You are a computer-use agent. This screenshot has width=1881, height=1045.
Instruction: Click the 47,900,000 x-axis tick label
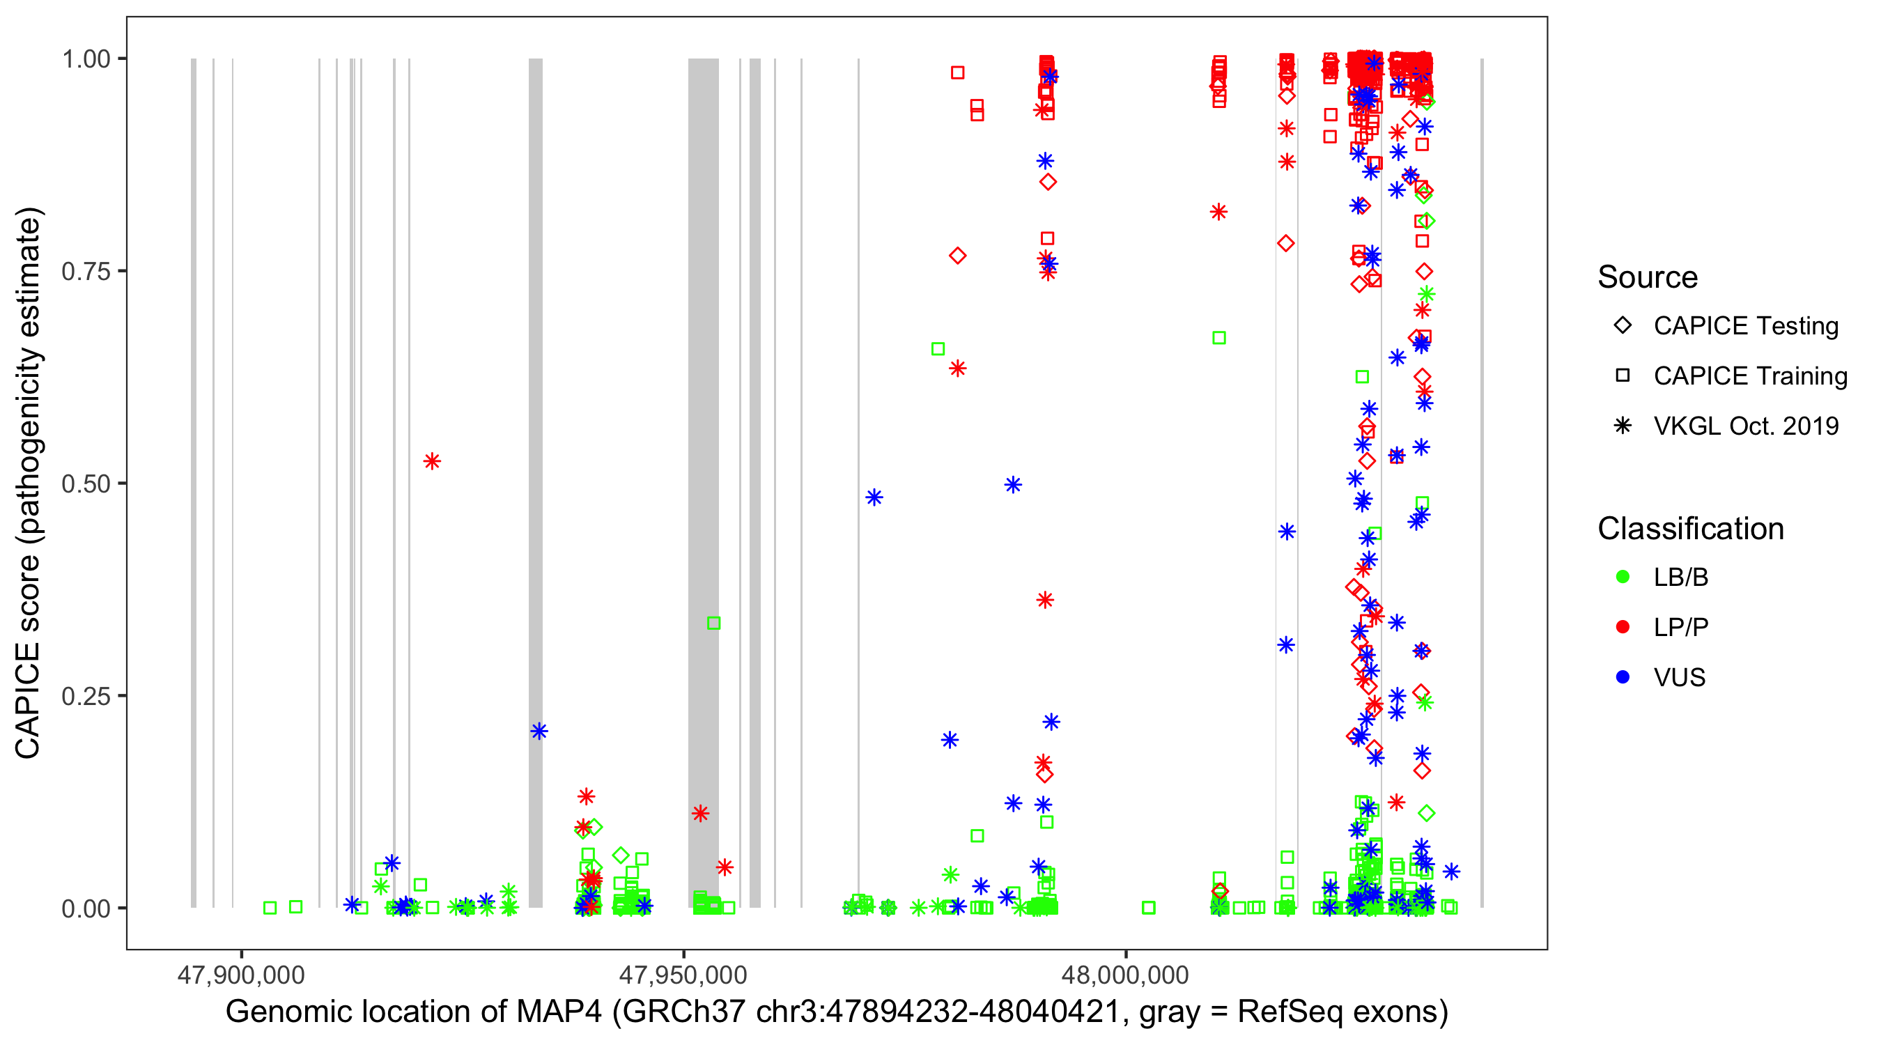pos(241,975)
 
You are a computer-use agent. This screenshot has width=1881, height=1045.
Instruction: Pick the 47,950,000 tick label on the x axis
pos(683,975)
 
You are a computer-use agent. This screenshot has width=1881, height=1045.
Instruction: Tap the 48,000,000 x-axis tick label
pos(1125,975)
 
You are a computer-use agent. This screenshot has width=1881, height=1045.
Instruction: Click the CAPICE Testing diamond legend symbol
pos(1623,326)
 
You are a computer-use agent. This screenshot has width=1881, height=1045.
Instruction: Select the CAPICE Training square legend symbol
pos(1623,376)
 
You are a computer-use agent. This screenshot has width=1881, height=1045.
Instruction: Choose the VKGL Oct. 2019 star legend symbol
pos(1623,426)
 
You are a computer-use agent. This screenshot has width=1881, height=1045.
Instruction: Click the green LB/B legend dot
pos(1623,578)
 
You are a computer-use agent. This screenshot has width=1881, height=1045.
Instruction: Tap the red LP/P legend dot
pos(1623,627)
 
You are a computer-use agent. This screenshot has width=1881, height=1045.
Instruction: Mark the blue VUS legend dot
pos(1623,678)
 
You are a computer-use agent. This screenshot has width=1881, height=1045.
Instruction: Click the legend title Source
pos(1648,277)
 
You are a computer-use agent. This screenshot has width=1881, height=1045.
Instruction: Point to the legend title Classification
pos(1690,529)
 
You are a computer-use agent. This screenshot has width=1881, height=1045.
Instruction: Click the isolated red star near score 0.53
pos(432,461)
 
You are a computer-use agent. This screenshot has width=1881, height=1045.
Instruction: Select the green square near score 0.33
pos(714,623)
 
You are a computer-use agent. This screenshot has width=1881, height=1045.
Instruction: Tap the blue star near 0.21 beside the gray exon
pos(539,731)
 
